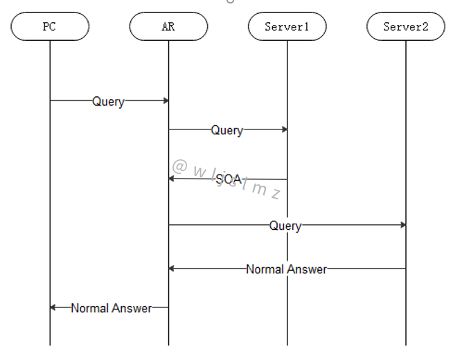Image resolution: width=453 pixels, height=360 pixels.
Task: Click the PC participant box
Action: coord(50,27)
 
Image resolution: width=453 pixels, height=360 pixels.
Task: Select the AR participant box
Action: coord(168,27)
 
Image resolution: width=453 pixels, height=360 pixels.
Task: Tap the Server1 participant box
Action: coord(287,27)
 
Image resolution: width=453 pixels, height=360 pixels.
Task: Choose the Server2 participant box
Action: coord(406,27)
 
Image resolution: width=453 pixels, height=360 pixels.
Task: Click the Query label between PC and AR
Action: coord(109,101)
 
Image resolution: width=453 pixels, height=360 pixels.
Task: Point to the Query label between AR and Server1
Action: coord(227,130)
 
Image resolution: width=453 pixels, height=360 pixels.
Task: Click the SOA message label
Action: coord(228,179)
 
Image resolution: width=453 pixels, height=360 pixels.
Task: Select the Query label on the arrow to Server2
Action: coord(285,226)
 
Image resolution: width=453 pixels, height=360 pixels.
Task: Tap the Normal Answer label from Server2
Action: coord(286,269)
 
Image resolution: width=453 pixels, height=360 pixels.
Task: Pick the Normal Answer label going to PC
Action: coord(111,308)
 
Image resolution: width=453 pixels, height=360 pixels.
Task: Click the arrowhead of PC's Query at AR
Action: coord(166,101)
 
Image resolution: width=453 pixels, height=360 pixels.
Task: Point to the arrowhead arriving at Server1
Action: coord(284,129)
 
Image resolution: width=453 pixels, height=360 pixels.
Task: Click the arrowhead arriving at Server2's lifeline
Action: coord(402,225)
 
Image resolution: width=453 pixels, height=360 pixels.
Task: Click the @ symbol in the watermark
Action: coord(179,166)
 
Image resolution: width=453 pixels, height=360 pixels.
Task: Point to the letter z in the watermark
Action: coord(275,194)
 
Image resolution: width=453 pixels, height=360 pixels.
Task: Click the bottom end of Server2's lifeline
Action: coord(406,344)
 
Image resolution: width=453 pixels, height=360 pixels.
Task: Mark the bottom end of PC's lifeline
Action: coord(50,344)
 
